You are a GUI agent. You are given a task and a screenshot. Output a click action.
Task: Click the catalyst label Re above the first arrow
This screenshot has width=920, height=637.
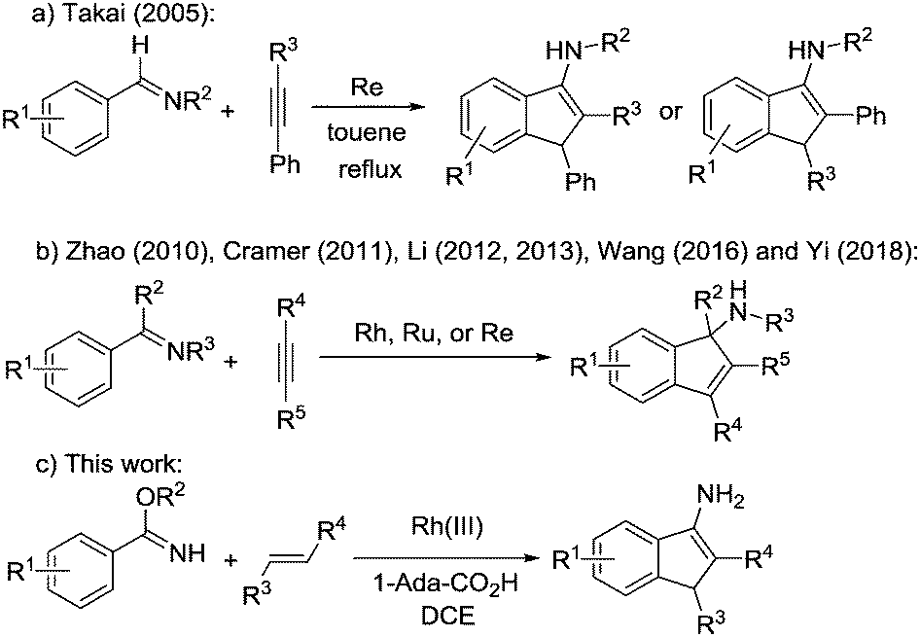point(367,88)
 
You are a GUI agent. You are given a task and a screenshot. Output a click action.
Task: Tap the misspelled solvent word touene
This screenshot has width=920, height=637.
point(367,132)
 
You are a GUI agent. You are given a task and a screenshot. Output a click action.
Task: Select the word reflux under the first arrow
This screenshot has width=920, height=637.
point(367,169)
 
